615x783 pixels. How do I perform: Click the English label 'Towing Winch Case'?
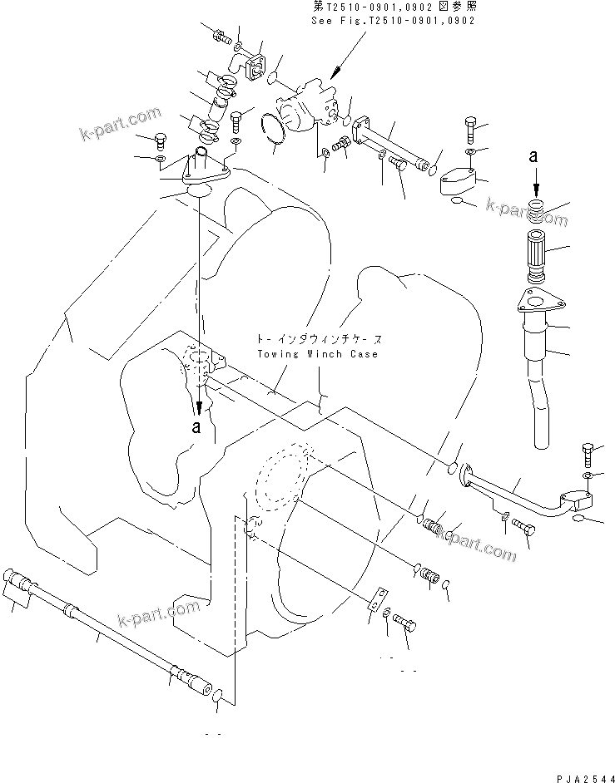(305, 354)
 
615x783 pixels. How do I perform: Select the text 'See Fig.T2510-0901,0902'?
(382, 20)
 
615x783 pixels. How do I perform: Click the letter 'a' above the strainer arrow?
(535, 156)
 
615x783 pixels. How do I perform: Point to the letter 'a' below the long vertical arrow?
(197, 427)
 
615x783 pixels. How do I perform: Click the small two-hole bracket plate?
(378, 599)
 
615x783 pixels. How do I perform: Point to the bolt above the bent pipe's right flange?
(588, 454)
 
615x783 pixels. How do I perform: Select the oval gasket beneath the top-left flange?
(200, 191)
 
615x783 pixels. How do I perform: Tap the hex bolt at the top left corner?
(220, 35)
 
